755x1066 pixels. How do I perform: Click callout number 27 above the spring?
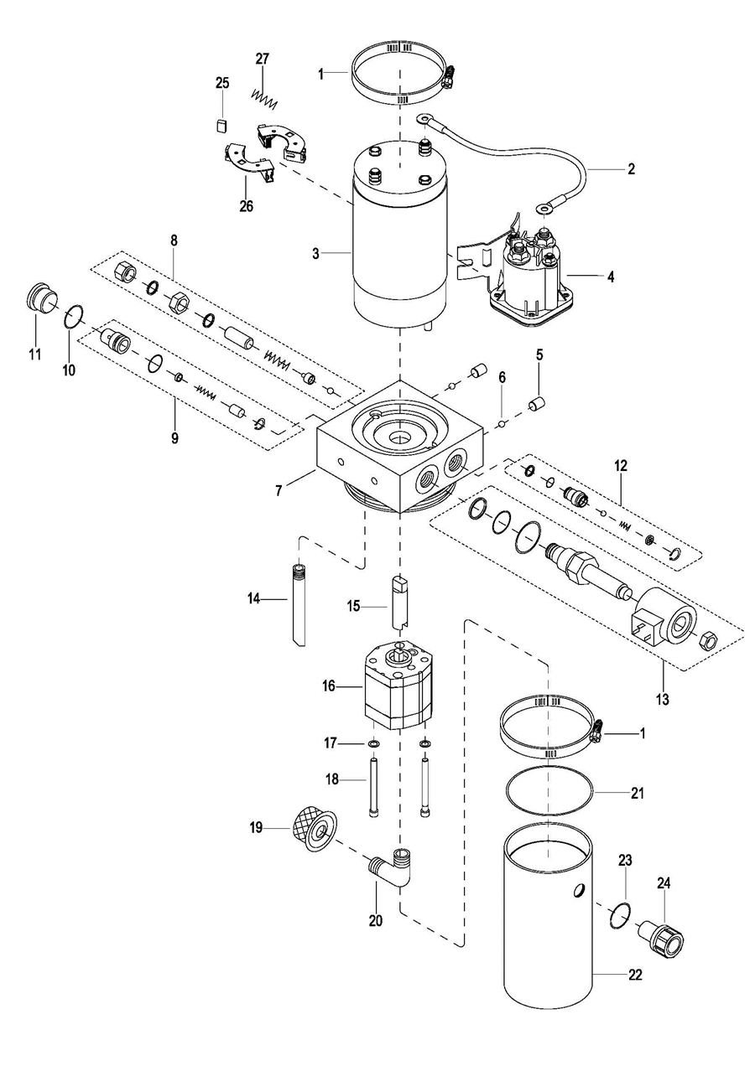[262, 59]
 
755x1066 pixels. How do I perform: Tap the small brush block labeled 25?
[221, 126]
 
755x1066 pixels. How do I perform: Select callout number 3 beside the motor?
[315, 254]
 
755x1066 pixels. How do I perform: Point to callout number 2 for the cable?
[631, 169]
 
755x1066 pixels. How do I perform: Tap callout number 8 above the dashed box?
[174, 241]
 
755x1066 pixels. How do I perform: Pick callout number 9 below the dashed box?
[174, 437]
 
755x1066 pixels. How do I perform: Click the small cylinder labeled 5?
[537, 405]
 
